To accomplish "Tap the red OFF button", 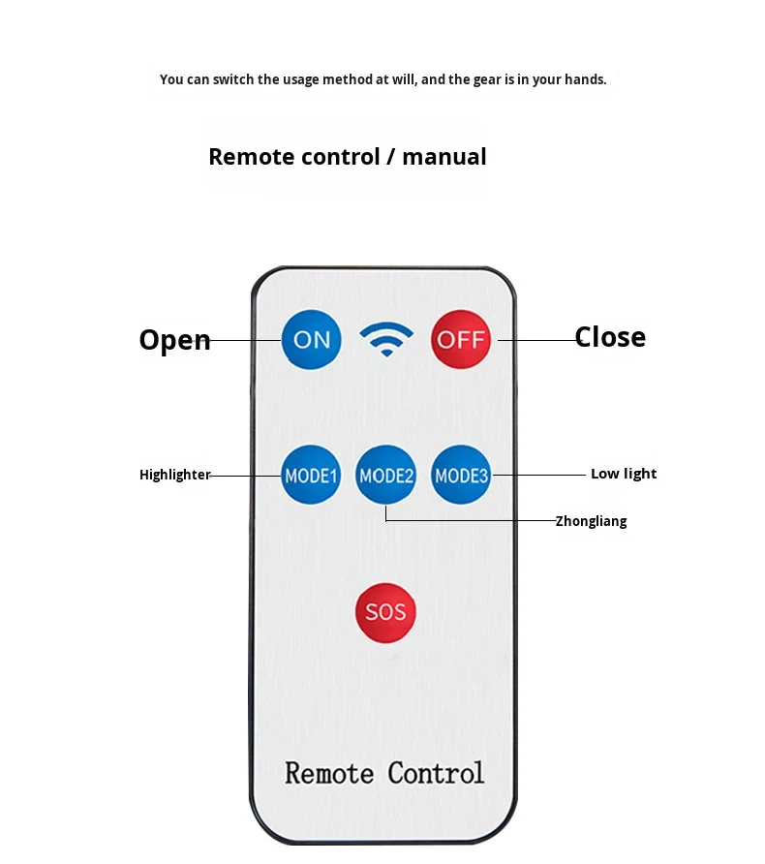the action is [460, 339].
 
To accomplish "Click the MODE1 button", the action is [311, 475].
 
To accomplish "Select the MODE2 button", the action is [385, 475].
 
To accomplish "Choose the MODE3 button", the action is [461, 475].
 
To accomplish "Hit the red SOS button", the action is [385, 612].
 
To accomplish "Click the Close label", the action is [610, 337].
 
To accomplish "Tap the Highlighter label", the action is [174, 475].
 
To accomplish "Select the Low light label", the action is [624, 474].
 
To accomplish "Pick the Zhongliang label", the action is [591, 521].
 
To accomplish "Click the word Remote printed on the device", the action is [329, 773].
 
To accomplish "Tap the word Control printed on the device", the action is [436, 773].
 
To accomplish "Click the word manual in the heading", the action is [444, 157].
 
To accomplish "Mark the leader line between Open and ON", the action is [246, 340].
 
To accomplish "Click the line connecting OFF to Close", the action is [538, 340].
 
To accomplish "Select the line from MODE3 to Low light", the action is [539, 475].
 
